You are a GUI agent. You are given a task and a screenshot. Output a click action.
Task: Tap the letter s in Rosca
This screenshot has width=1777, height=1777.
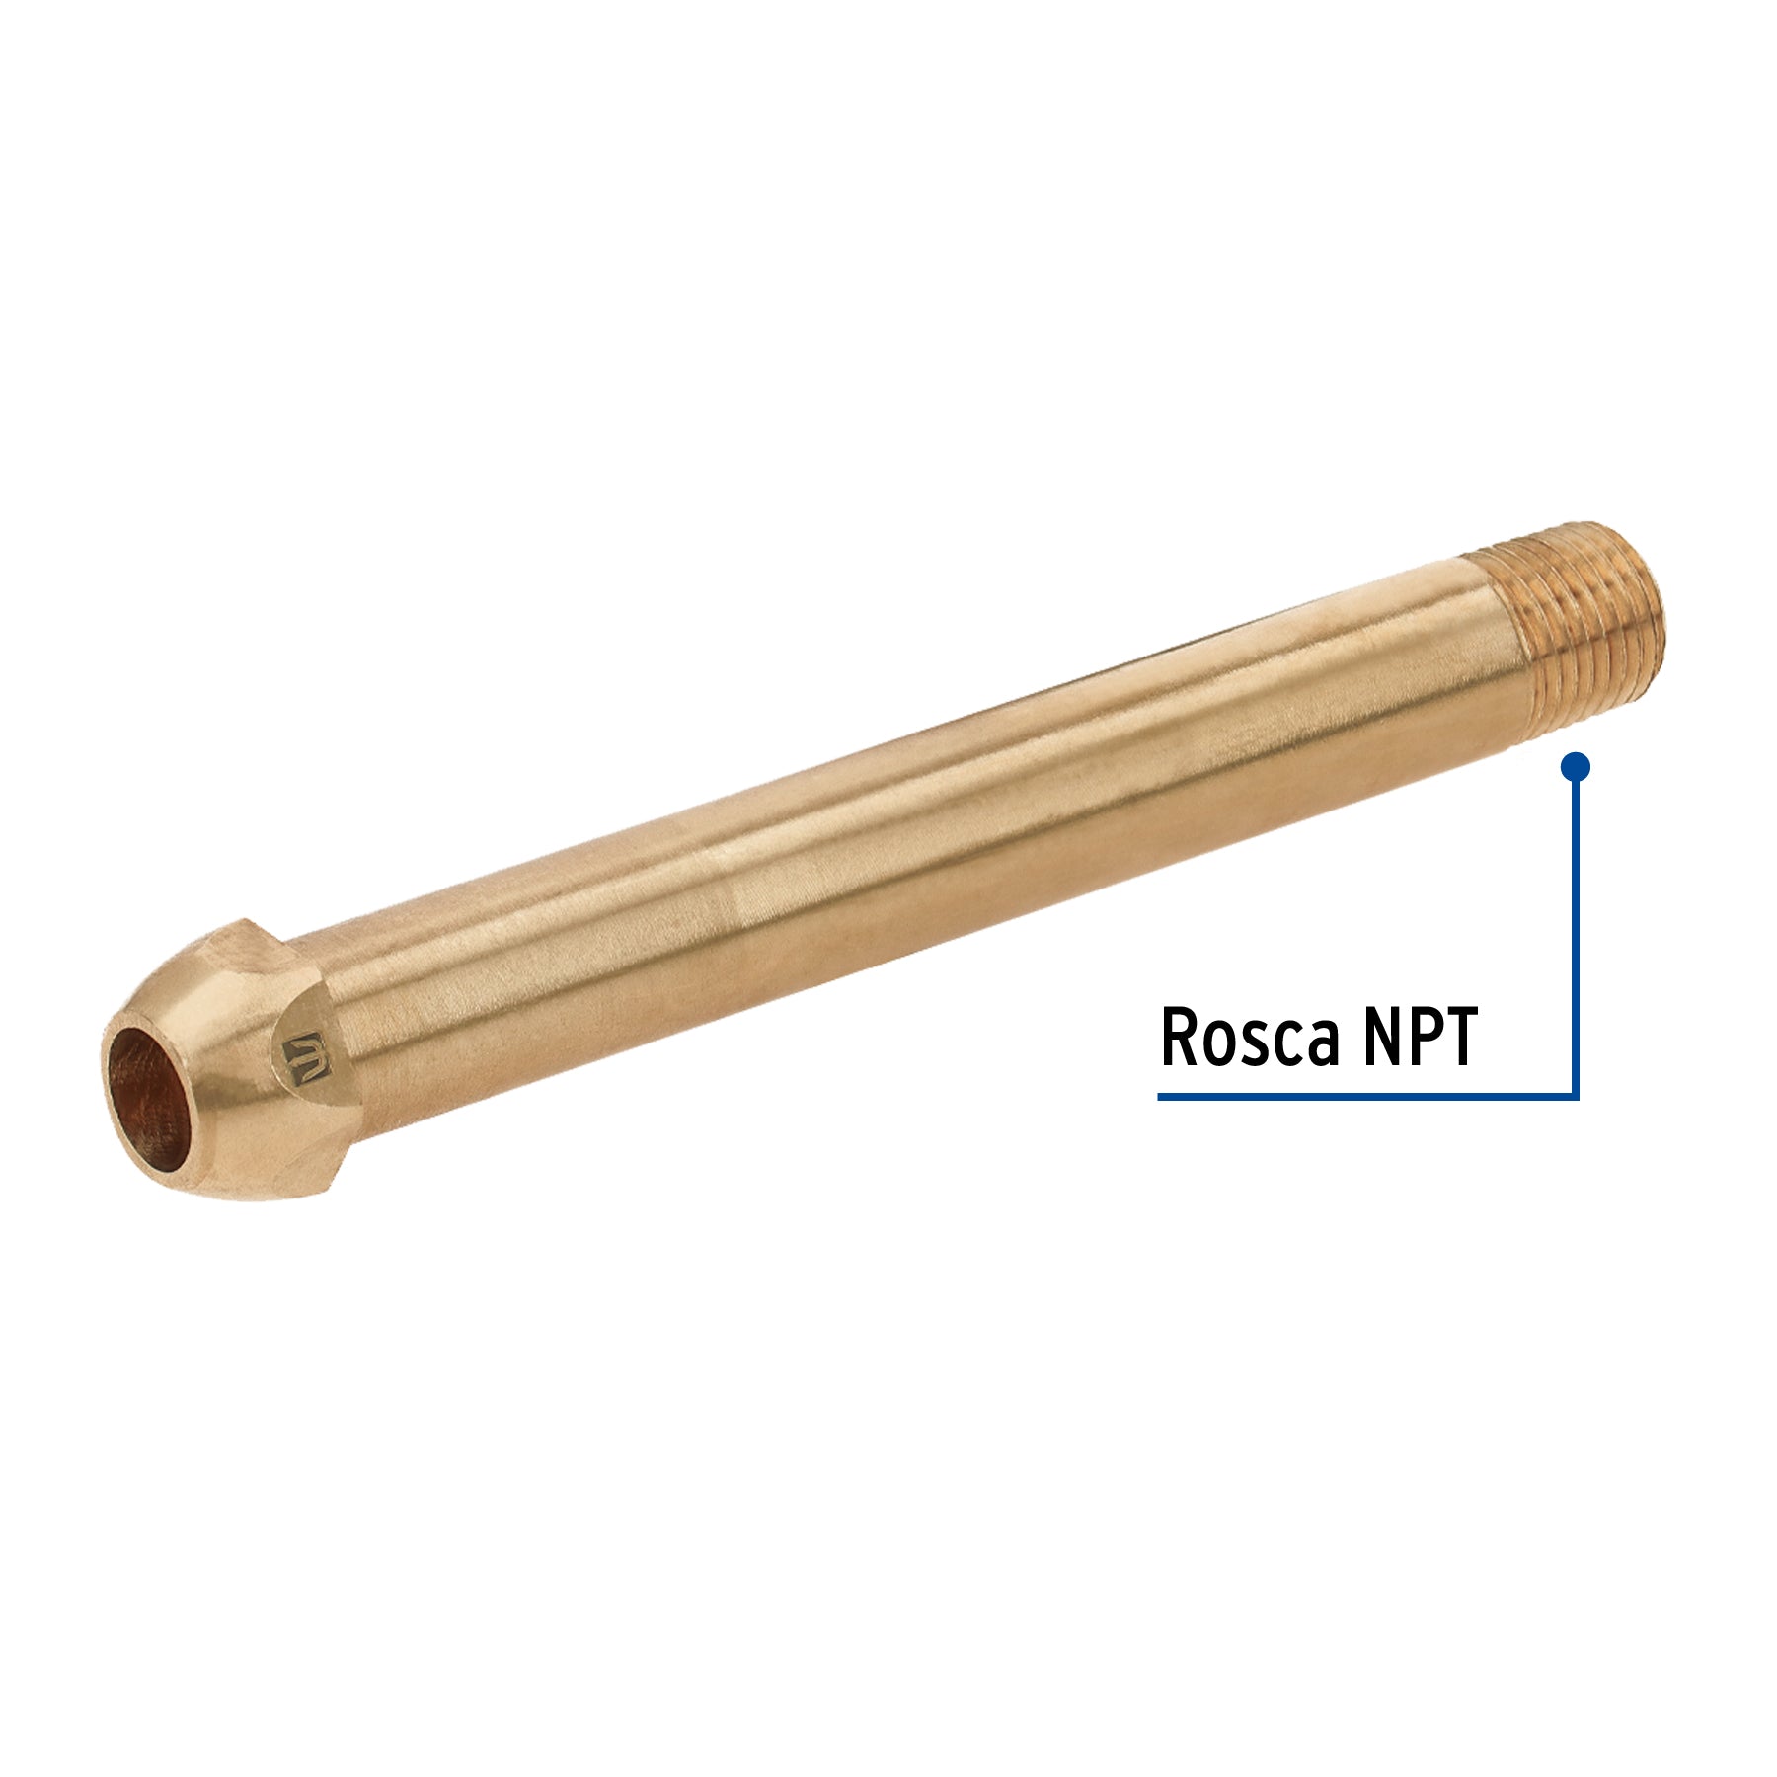pos(1261,1045)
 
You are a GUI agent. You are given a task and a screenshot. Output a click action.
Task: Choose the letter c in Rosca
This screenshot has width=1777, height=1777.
pos(1292,1045)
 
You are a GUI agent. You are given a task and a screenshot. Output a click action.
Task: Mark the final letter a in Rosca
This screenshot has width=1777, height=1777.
pos(1326,1045)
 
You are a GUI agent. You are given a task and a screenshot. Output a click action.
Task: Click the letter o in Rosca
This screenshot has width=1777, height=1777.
pos(1222,1045)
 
